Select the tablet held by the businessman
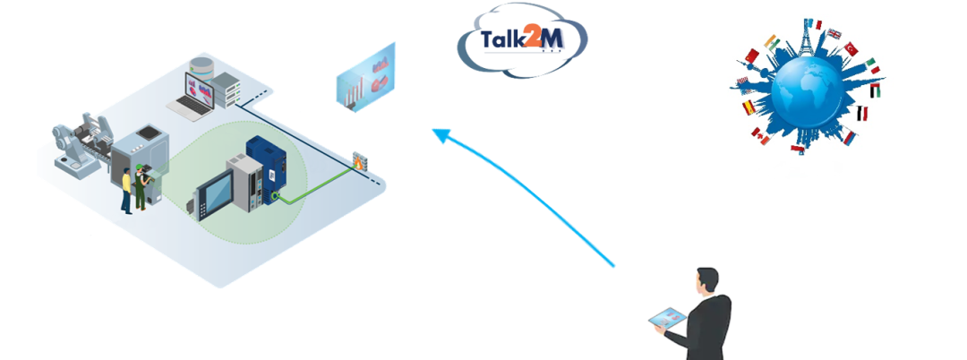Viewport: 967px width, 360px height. click(x=668, y=318)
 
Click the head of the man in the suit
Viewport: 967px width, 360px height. click(x=708, y=280)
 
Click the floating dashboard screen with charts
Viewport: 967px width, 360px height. click(x=366, y=78)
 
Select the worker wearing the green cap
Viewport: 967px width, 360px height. click(x=141, y=188)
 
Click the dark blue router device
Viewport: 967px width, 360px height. click(x=266, y=166)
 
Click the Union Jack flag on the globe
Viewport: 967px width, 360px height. click(x=834, y=35)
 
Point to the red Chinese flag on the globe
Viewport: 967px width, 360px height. click(x=752, y=57)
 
